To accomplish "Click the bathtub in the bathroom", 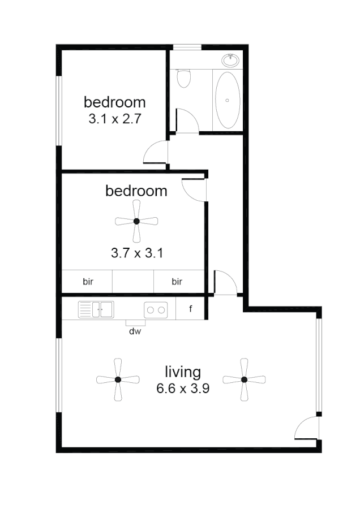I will coord(228,100).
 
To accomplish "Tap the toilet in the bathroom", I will coord(183,79).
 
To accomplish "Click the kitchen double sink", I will coord(96,309).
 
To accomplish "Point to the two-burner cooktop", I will coord(156,309).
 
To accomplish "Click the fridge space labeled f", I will coord(190,309).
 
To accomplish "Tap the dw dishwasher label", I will coord(135,331).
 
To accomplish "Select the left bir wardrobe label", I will coord(88,281).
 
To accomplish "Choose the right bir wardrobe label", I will coord(177,281).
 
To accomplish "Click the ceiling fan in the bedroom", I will coord(136,221).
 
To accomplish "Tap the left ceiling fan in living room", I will coord(118,379).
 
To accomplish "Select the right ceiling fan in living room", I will coord(243,379).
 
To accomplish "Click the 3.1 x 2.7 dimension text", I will coord(114,120).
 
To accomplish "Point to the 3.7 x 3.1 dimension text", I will coord(136,253).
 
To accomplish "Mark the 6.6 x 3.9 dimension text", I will coord(183,389).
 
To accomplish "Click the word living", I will coord(183,372).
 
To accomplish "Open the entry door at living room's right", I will coord(307,428).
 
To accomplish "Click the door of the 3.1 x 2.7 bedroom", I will coord(157,152).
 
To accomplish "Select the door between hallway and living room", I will coord(226,283).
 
